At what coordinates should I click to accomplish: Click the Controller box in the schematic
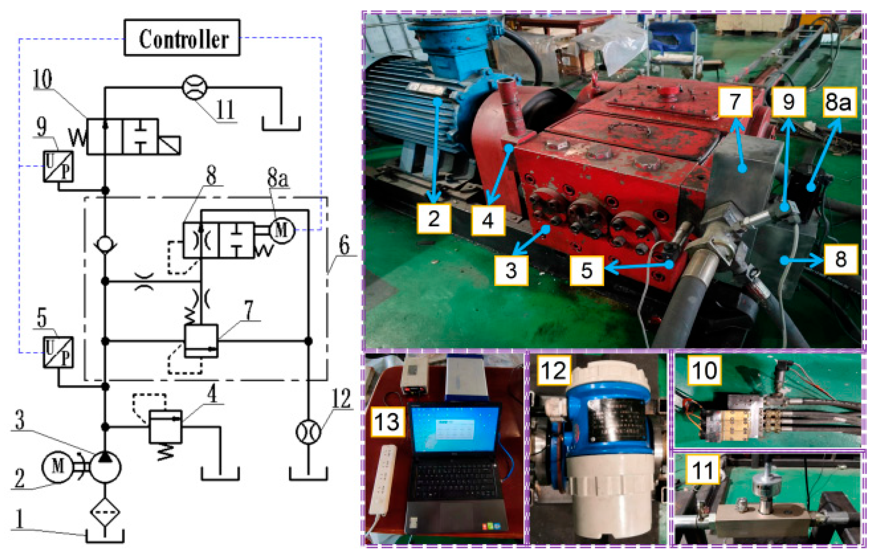click(182, 38)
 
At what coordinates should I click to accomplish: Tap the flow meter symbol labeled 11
click(194, 88)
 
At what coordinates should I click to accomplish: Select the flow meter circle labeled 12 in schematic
click(308, 432)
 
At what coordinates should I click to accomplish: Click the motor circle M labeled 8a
click(282, 231)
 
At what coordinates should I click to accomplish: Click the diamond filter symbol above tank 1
click(105, 512)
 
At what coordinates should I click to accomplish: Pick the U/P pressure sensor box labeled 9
click(58, 166)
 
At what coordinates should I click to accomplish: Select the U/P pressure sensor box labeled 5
click(58, 352)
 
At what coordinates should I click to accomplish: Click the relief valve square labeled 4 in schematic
click(165, 427)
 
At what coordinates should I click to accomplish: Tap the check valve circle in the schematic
click(105, 244)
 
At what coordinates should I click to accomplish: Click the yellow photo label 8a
click(839, 102)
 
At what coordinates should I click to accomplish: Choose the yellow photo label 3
click(511, 270)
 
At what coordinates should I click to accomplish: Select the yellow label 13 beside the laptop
click(387, 421)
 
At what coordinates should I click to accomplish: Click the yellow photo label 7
click(735, 102)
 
